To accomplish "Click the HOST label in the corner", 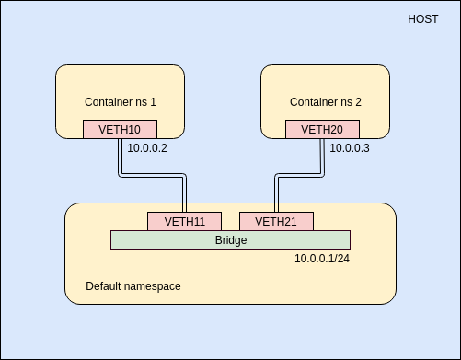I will pos(422,18).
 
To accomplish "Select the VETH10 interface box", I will pos(120,129).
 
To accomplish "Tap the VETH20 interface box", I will pos(322,129).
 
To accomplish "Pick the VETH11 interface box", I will pos(184,221).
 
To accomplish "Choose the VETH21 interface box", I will pos(276,221).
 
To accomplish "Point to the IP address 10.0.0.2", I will pos(147,147).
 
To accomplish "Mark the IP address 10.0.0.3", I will pos(350,147).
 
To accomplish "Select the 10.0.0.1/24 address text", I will pos(322,259).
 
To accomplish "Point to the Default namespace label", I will pos(133,286).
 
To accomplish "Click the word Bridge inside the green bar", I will pos(230,239).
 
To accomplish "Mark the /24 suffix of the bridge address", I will pos(341,259).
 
